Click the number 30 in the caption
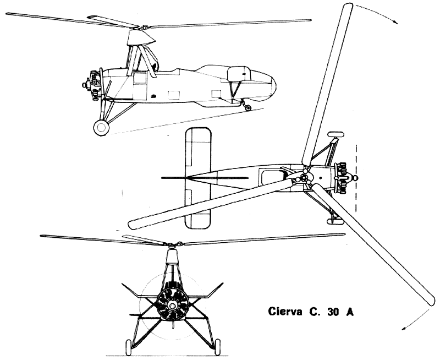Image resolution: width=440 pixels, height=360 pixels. click(333, 312)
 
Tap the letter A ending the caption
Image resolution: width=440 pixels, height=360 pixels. click(350, 312)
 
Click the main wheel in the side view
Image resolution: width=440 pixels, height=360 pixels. click(101, 128)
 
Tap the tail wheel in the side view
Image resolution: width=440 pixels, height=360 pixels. click(248, 107)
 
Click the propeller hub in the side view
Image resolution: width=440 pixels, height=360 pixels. click(85, 84)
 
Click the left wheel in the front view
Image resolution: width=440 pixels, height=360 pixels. click(128, 348)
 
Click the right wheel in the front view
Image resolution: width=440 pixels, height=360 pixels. click(217, 348)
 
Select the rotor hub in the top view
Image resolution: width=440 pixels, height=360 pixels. click(304, 178)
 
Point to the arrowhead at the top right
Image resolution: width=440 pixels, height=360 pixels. click(395, 23)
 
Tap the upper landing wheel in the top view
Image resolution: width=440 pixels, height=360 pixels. click(336, 134)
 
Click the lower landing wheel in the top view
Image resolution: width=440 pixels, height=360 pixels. click(335, 222)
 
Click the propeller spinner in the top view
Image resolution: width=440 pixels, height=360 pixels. click(355, 178)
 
